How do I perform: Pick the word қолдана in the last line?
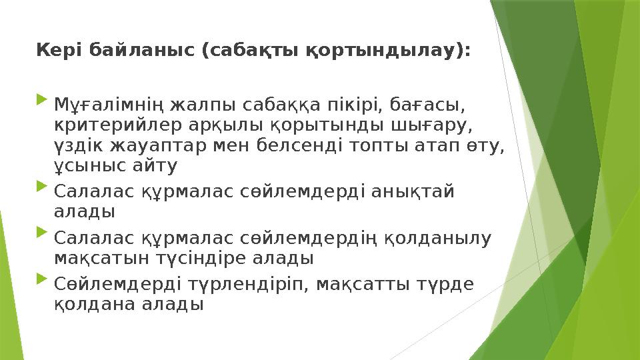click(x=89, y=305)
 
